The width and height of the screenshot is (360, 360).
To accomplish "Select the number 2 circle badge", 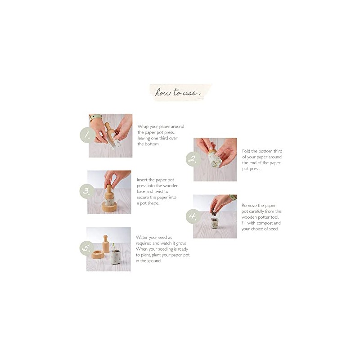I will (x=193, y=159).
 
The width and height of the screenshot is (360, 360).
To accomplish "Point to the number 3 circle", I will (x=86, y=191).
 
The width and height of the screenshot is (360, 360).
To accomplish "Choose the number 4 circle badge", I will (x=193, y=216).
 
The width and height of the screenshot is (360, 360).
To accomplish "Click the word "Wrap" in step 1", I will (x=143, y=127).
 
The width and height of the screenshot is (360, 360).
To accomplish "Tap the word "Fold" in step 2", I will (x=247, y=151).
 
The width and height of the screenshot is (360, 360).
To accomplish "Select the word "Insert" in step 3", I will (x=143, y=180).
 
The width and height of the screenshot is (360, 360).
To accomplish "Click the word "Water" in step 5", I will (x=143, y=237).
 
